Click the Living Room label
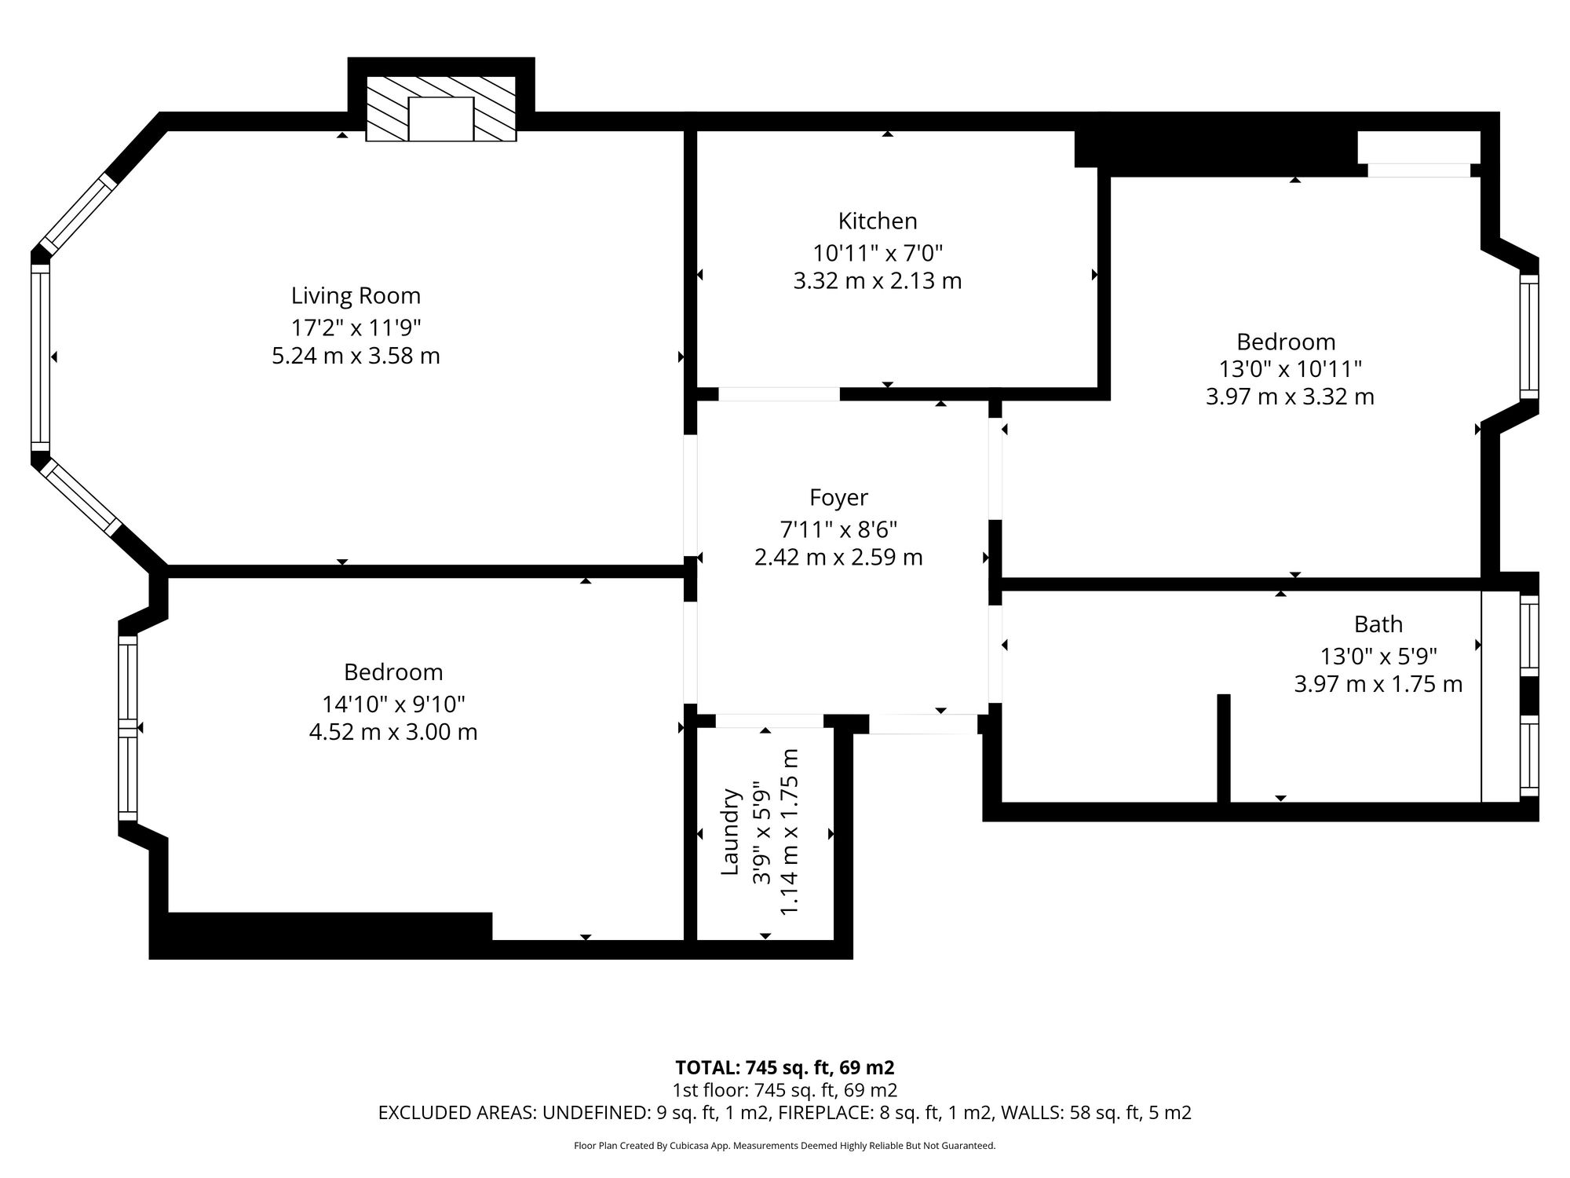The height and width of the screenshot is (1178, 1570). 356,296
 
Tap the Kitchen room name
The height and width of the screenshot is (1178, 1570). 878,221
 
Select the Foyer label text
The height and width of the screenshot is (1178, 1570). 838,498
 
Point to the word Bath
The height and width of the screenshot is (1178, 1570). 1378,624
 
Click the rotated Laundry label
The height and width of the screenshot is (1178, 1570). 731,832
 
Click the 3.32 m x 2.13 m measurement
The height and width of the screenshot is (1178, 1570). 878,280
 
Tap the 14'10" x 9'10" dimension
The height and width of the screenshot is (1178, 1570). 393,703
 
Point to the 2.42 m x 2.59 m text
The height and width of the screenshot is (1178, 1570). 838,558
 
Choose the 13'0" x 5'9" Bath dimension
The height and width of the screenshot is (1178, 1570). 1378,655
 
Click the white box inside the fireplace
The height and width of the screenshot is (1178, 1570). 441,119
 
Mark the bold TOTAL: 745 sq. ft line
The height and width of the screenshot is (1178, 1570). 785,1068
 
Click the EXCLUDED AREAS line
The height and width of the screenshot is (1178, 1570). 785,1113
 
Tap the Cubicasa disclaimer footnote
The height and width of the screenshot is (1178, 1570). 785,1146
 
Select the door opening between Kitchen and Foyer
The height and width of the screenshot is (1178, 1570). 780,394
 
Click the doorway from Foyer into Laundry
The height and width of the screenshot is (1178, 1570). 769,721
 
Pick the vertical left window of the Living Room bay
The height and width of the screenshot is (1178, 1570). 40,357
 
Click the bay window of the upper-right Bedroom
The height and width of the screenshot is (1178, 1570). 1529,337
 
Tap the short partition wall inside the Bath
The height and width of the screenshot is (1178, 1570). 1223,748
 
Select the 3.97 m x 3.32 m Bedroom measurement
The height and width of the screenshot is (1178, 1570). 1290,397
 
